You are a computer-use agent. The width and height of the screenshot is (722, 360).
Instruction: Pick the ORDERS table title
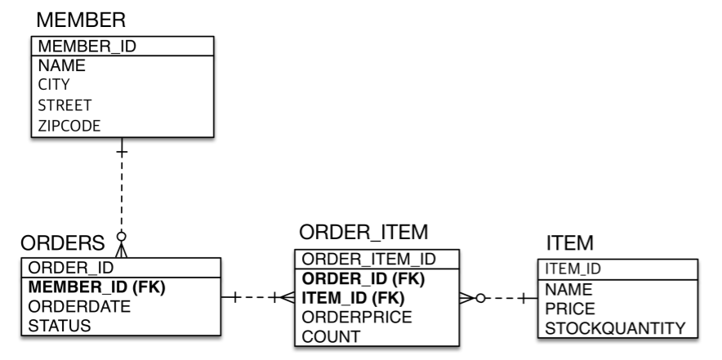pyautogui.click(x=62, y=242)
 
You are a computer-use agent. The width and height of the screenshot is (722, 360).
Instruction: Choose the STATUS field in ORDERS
pyautogui.click(x=59, y=326)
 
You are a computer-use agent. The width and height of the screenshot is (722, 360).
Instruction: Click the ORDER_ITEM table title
pyautogui.click(x=363, y=233)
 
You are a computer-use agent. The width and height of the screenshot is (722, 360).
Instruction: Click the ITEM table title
pyautogui.click(x=568, y=242)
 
